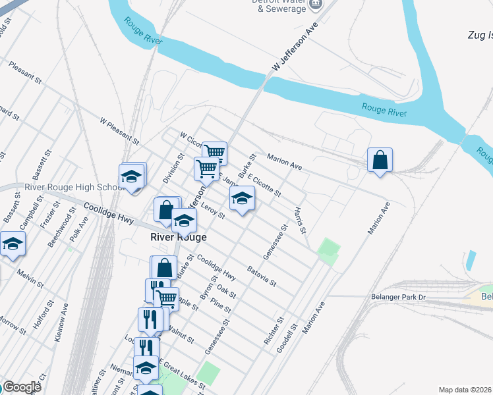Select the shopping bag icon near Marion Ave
(380, 160)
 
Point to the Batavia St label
(262, 276)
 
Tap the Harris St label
(300, 221)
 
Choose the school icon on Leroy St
(242, 198)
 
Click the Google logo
(22, 387)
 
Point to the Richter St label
(273, 331)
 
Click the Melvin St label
(30, 279)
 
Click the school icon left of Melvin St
(12, 244)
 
